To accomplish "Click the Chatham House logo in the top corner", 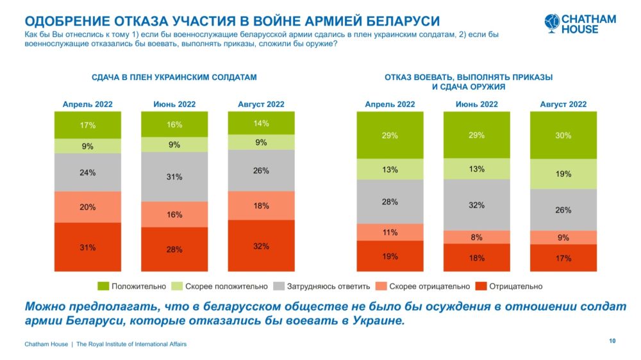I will [580, 24].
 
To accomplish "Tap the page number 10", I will [612, 341].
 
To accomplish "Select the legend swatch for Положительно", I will [103, 286].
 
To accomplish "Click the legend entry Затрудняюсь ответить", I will [310, 286].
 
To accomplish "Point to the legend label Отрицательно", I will [516, 286].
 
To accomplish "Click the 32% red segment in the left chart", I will [261, 246].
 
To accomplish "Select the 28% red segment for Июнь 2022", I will [174, 249].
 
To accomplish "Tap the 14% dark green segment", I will [261, 123].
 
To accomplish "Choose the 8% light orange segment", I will [478, 236].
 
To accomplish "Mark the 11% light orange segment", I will [390, 232].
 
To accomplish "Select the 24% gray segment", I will [88, 172].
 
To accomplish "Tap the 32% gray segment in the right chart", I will [478, 205].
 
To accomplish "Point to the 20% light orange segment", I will [88, 207].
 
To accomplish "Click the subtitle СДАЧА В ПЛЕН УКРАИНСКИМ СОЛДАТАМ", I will [174, 77].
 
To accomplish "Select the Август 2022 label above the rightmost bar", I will [563, 104].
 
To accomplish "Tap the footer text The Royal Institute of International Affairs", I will [131, 344].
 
